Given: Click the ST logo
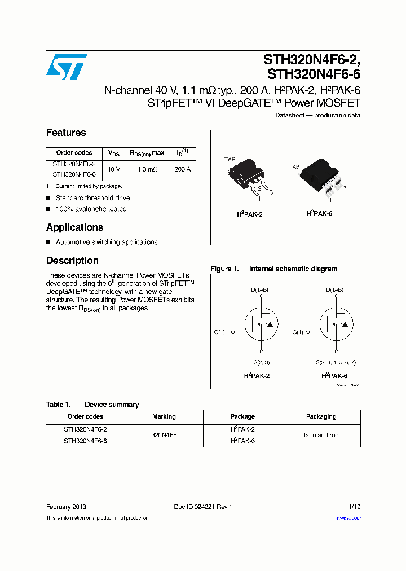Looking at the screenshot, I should coord(67,67).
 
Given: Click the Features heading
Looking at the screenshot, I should coord(66,133).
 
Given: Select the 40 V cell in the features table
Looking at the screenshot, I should coord(114,169).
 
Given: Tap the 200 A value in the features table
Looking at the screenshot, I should coord(182,169).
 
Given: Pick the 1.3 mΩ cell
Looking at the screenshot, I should coord(147,169).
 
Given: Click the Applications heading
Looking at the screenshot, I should coord(74,227).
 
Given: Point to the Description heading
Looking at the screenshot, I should coord(72,261).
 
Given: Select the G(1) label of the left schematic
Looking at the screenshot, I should coord(219,332).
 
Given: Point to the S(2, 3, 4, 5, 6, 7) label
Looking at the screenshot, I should coord(336,362).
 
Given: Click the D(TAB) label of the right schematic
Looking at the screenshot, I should coord(334,290).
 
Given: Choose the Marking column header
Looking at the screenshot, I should coord(164,416).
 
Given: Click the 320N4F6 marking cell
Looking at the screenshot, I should coord(164,435).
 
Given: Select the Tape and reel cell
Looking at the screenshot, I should coord(321,435).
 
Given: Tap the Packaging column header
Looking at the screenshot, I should coord(321,416).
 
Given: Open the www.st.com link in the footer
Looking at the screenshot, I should coord(347,518).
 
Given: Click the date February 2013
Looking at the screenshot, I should coord(66,507).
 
